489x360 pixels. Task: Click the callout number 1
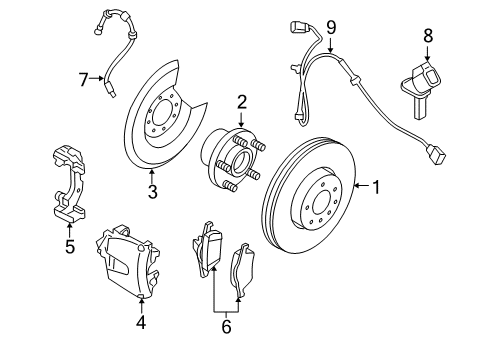pyautogui.click(x=377, y=186)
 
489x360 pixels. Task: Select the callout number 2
pyautogui.click(x=241, y=101)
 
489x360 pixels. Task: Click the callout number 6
pyautogui.click(x=226, y=325)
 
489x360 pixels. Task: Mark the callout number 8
pyautogui.click(x=427, y=36)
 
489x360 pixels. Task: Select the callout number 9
pyautogui.click(x=331, y=27)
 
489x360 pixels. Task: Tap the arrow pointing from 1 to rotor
pyautogui.click(x=360, y=186)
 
